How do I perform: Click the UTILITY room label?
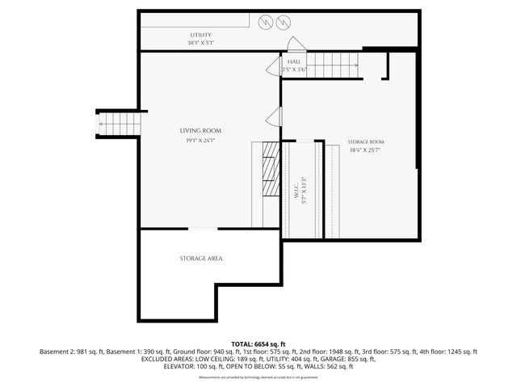[201, 35]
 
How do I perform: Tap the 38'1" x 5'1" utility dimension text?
[201, 42]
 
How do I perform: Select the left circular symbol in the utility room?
[265, 24]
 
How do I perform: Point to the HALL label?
[295, 61]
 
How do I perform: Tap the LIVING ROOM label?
[200, 130]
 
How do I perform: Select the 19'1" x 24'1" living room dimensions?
[200, 140]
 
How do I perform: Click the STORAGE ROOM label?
[366, 141]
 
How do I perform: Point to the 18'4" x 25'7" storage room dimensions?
[366, 150]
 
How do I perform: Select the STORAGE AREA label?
[201, 259]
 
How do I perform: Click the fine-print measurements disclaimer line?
[258, 377]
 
